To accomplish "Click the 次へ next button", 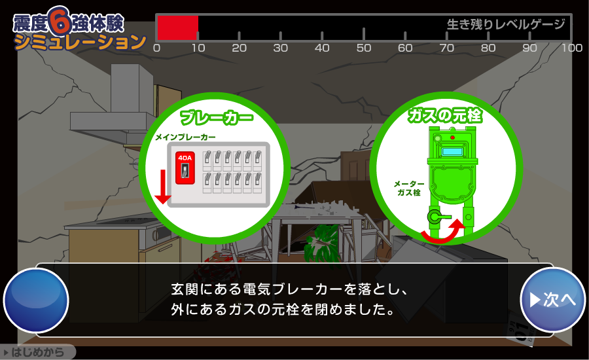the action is [x=552, y=300].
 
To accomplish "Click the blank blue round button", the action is [x=36, y=300].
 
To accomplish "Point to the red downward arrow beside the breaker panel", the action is [x=163, y=187].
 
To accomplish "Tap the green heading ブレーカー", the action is [x=217, y=117].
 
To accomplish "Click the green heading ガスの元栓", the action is [x=446, y=115].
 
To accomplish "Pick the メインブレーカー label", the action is [x=186, y=137].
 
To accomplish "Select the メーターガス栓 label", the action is [x=409, y=189].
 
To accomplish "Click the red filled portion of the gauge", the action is [x=177, y=27].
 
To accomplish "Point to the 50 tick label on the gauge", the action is [x=364, y=48].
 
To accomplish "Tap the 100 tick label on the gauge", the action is [x=572, y=48].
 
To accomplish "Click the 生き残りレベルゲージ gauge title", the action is [x=506, y=24].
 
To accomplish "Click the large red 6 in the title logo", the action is [x=60, y=21].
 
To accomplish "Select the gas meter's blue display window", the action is [x=452, y=152].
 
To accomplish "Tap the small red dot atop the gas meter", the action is [x=453, y=137].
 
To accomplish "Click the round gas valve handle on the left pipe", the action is [x=435, y=217].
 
